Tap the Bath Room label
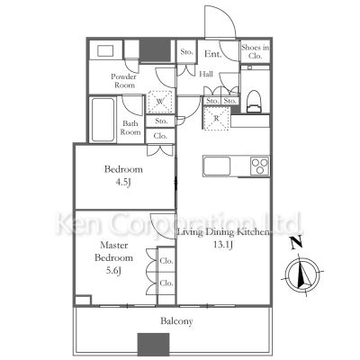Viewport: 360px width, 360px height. (131, 128)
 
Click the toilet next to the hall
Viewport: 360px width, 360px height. (253, 95)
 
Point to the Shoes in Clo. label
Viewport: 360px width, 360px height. (254, 51)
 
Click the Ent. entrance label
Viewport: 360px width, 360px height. (212, 54)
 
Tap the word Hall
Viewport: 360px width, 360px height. (206, 74)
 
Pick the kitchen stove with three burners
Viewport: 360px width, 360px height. (259, 166)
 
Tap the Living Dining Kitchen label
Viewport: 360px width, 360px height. (223, 233)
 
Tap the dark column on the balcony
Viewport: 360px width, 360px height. (153, 344)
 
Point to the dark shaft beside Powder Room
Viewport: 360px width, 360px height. (155, 50)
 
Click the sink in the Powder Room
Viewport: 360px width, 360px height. (106, 50)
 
